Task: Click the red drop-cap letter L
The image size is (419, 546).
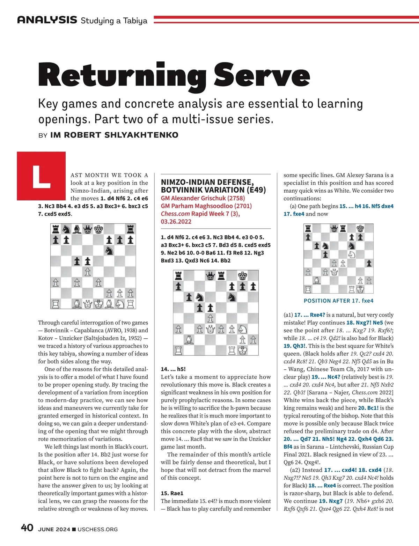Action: [41, 176]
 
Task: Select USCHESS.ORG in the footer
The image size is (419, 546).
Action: [98, 529]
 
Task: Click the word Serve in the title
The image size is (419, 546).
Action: [262, 75]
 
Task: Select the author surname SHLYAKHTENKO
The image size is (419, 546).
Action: [141, 135]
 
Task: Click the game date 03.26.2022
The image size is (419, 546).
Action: [176, 222]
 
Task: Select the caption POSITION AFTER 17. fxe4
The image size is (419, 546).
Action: [338, 301]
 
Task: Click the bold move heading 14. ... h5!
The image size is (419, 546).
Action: [173, 369]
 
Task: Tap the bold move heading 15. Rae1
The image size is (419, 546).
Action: [172, 493]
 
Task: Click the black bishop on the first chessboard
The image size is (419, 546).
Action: [77, 229]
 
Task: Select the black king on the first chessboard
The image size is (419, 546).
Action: [98, 229]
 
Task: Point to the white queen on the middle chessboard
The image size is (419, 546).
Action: [210, 329]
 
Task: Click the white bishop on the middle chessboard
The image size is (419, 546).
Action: [189, 339]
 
